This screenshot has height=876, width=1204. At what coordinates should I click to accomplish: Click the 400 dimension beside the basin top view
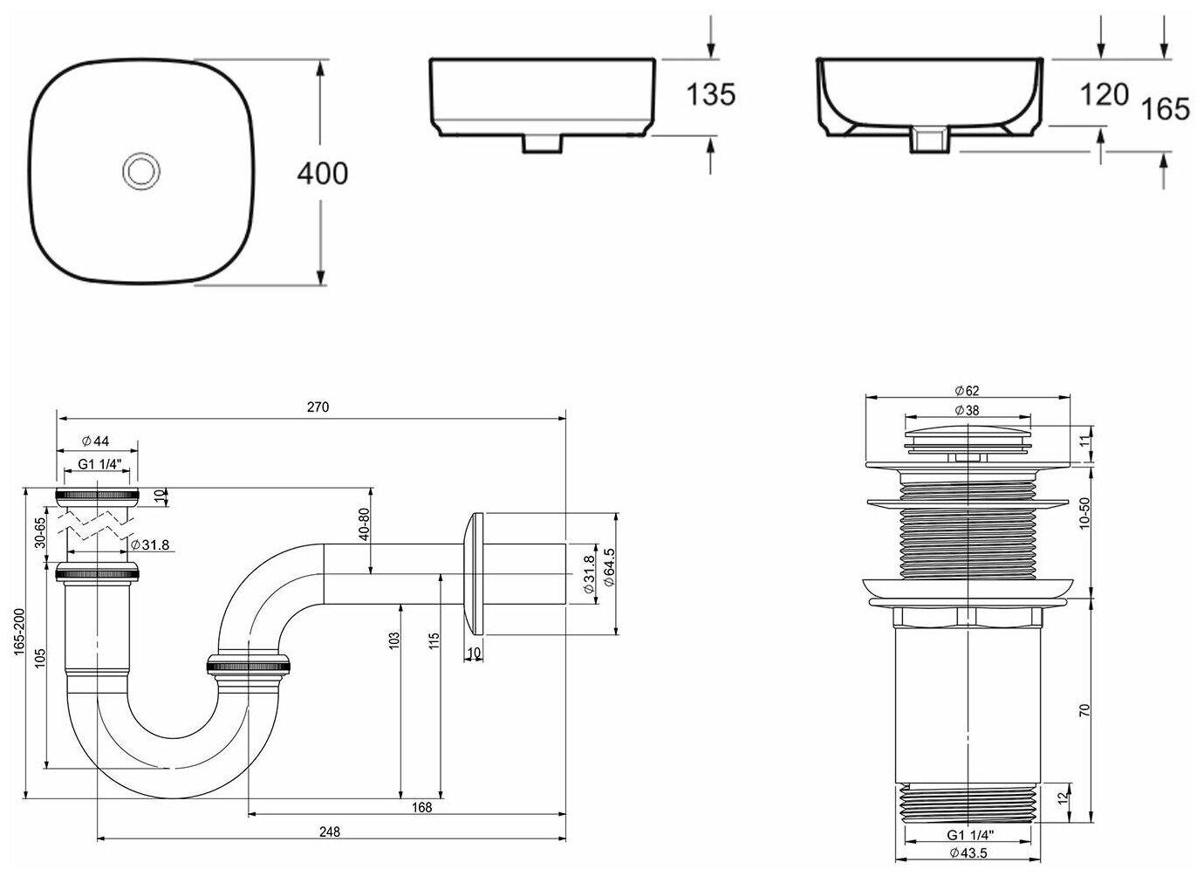point(322,174)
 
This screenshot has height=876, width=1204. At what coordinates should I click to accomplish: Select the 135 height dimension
point(710,94)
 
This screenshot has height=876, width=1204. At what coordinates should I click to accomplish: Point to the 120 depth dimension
point(1105,94)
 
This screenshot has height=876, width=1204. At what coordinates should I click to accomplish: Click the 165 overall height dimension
point(1166,109)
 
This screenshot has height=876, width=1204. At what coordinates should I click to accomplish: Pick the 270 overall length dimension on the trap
point(318,407)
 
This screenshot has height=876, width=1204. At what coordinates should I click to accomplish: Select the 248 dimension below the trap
point(330,831)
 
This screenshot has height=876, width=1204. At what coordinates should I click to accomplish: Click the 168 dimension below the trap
point(421,807)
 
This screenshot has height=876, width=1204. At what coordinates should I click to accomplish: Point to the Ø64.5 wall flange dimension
point(609,573)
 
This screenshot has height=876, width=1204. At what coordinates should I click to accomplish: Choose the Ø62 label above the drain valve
point(967,389)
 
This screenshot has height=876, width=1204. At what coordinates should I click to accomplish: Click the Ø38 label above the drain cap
point(967,409)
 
